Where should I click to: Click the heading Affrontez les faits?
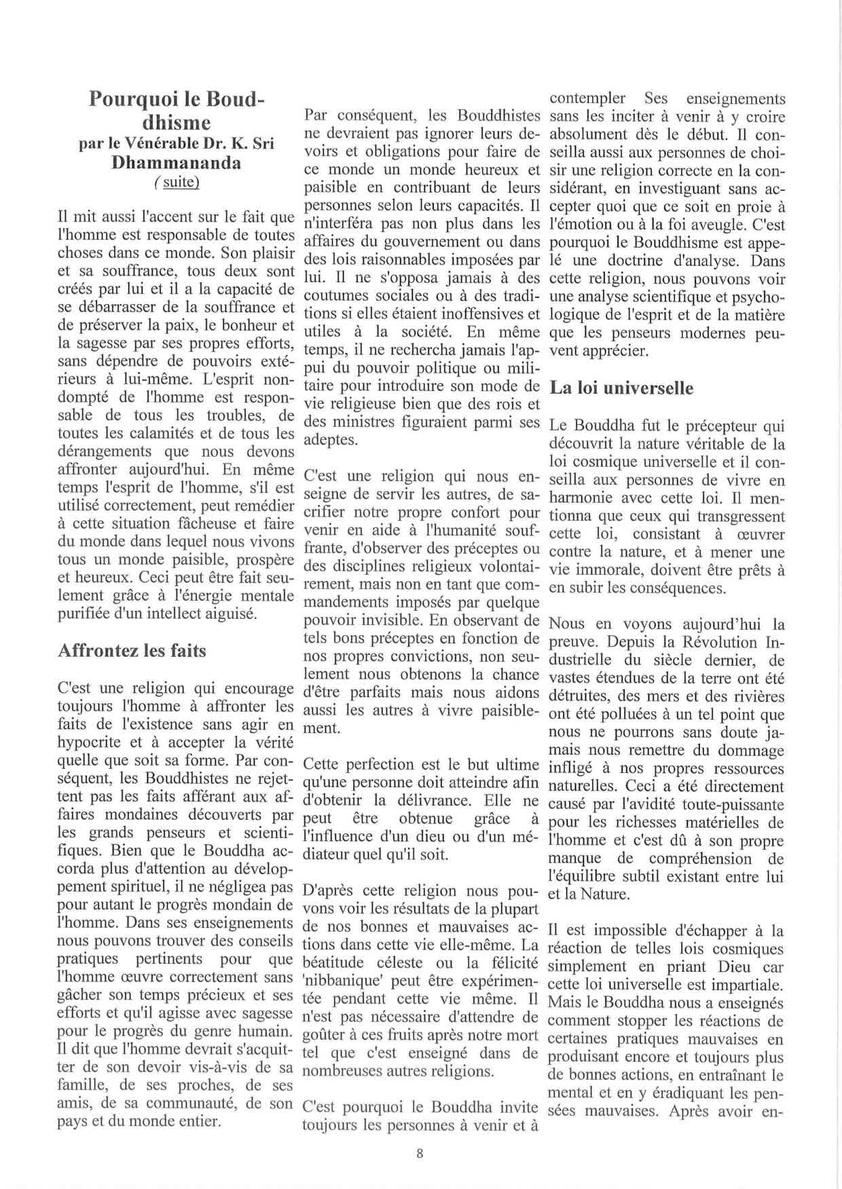(x=132, y=650)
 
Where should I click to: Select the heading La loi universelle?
(x=621, y=388)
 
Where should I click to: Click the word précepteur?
(x=712, y=426)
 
